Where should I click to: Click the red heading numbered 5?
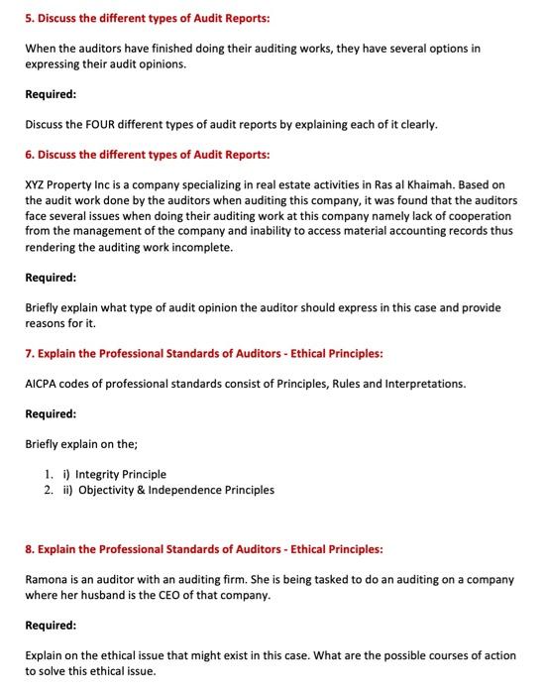pos(146,19)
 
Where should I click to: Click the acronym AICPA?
pos(44,384)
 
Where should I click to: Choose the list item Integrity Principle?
pos(120,474)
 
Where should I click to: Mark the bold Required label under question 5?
pos(53,94)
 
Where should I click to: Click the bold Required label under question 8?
pos(53,626)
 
